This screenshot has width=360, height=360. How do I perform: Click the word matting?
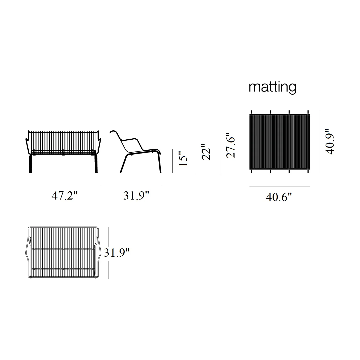click(x=272, y=87)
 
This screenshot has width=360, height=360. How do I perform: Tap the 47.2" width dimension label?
click(x=65, y=196)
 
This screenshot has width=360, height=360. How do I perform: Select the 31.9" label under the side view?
click(x=136, y=196)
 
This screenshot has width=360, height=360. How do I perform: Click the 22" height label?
click(x=206, y=152)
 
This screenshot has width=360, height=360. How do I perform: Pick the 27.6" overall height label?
click(x=231, y=146)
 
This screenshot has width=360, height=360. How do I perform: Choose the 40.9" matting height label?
click(x=330, y=141)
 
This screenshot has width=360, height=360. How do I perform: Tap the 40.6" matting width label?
click(x=279, y=197)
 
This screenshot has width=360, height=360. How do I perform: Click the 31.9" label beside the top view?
click(x=116, y=253)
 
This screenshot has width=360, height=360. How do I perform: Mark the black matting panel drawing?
click(x=280, y=142)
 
